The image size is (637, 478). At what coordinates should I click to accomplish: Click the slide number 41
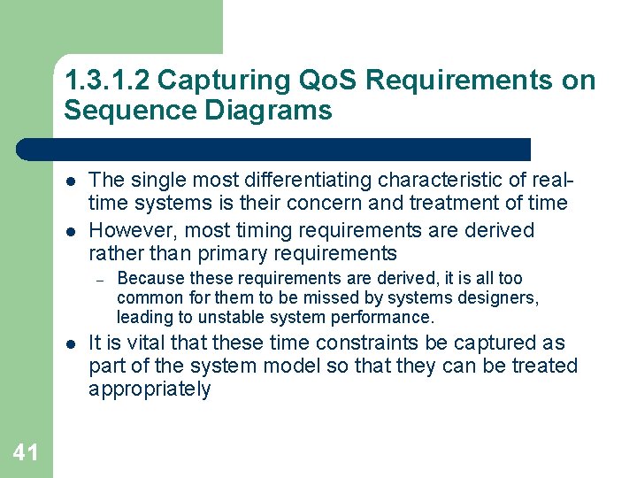26,453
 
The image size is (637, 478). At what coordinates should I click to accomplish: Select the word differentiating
303,180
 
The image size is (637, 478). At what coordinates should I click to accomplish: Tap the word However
130,230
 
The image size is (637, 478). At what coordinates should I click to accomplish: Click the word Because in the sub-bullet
147,279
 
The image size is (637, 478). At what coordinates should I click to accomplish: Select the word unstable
235,317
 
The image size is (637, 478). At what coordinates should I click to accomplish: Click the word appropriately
150,389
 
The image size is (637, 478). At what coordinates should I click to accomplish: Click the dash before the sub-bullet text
102,280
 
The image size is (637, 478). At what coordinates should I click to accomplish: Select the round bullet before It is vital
70,343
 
